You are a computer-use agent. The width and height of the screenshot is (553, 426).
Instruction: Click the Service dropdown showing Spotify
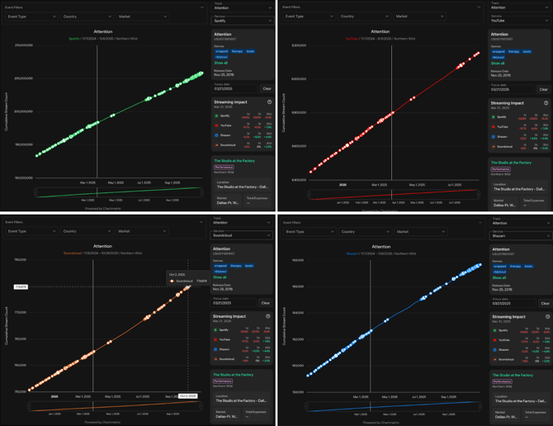tap(242, 21)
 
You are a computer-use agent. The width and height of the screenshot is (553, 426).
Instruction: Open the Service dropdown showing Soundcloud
tap(242, 235)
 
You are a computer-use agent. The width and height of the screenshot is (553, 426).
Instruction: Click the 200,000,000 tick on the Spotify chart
tap(23, 78)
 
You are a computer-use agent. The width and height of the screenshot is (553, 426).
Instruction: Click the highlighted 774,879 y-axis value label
tap(21, 286)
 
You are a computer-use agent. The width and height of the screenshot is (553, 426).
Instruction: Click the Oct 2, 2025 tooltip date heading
tap(177, 275)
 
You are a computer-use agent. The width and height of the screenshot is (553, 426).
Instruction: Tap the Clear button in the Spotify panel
tap(267, 88)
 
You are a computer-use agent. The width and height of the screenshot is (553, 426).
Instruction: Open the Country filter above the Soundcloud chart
tap(87, 231)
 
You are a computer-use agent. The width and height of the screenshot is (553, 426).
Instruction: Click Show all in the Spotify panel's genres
tap(220, 63)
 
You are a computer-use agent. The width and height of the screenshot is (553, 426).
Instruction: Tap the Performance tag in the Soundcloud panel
tap(223, 381)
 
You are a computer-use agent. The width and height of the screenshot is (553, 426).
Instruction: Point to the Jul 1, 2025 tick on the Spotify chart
tap(144, 182)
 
